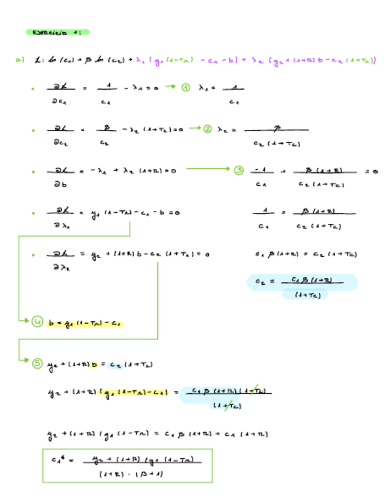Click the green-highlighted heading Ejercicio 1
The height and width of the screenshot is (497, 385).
(x=58, y=32)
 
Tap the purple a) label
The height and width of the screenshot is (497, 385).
(x=20, y=59)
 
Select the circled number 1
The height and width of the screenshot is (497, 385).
(x=185, y=87)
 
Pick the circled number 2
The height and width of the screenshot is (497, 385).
(x=207, y=129)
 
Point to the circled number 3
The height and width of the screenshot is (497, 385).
(x=238, y=171)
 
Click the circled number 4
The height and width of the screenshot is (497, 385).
(x=37, y=322)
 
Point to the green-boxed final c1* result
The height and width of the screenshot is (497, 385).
(x=127, y=465)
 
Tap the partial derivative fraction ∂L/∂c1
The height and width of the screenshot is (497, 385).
(x=60, y=94)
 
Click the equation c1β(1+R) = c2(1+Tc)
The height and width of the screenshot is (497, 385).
(x=306, y=254)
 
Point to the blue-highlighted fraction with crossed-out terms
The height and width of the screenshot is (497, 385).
(x=226, y=397)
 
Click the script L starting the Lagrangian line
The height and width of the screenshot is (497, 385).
(x=39, y=59)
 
